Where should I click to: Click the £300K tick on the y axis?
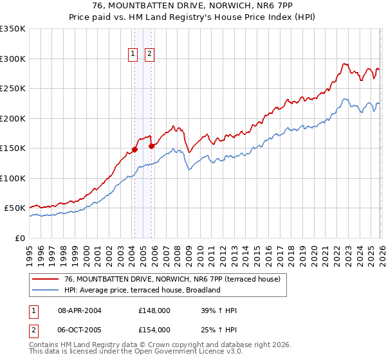(x=13, y=59)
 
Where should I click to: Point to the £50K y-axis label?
(x=15, y=208)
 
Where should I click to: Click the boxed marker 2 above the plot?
(x=149, y=55)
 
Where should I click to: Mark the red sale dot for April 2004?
(x=134, y=150)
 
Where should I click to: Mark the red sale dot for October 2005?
(x=152, y=146)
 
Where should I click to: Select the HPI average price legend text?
(x=142, y=290)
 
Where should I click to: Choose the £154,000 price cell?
(x=154, y=330)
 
